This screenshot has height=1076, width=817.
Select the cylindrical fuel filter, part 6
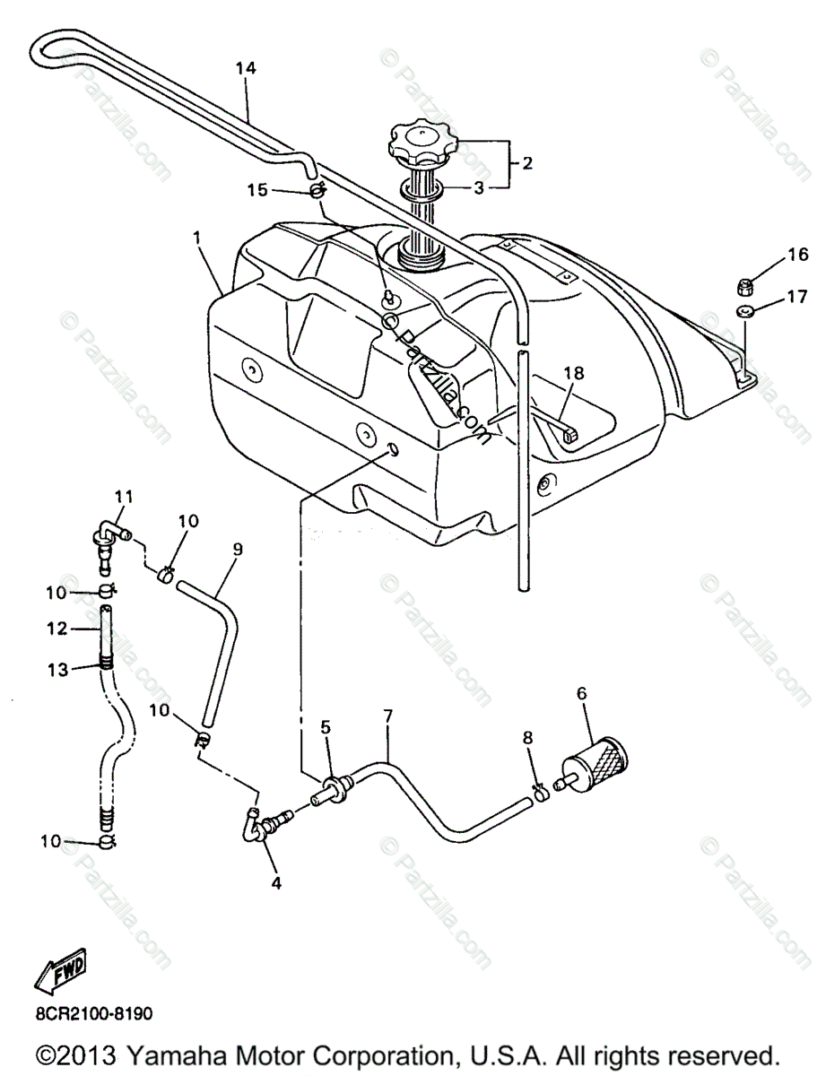[x=593, y=763]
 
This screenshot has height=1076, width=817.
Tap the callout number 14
[x=246, y=69]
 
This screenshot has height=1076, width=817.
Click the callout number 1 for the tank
[x=196, y=239]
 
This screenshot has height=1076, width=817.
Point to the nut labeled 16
[x=743, y=287]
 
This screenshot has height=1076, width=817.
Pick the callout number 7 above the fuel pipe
[x=387, y=716]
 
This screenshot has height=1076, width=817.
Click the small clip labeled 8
[x=538, y=792]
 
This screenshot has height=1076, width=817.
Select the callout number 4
[x=276, y=882]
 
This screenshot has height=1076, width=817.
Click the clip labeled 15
[x=317, y=192]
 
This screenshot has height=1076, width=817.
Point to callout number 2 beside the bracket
[x=527, y=163]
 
